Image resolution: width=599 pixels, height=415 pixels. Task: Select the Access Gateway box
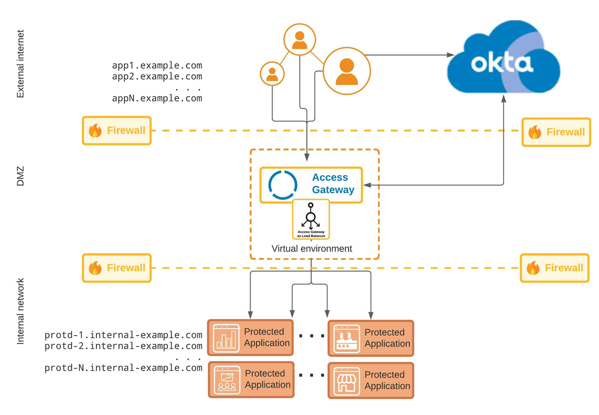pyautogui.click(x=311, y=185)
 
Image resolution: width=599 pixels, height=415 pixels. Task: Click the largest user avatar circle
pyautogui.click(x=347, y=70)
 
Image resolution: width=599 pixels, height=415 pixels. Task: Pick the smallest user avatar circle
pyautogui.click(x=272, y=74)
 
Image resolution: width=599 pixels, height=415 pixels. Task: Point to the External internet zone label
pyautogui.click(x=20, y=64)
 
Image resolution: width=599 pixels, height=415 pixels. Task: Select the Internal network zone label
pyautogui.click(x=20, y=311)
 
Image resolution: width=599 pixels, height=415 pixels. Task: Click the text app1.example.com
pyautogui.click(x=157, y=65)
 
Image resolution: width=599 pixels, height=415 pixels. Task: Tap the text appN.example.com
pyautogui.click(x=157, y=98)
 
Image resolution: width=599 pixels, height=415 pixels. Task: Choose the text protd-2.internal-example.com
pyautogui.click(x=123, y=346)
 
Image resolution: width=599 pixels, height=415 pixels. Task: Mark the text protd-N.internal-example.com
pyautogui.click(x=123, y=368)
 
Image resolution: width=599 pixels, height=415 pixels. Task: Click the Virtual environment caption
pyautogui.click(x=311, y=248)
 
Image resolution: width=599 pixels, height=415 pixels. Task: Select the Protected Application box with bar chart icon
pyautogui.click(x=251, y=338)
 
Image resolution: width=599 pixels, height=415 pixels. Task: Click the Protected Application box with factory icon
pyautogui.click(x=371, y=338)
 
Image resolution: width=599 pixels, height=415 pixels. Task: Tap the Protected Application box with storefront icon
pyautogui.click(x=371, y=381)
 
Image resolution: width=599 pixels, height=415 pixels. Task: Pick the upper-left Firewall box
pyautogui.click(x=117, y=131)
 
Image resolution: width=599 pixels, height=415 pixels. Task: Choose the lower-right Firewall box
pyautogui.click(x=555, y=268)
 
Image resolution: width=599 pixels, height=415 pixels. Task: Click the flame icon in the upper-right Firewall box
pyautogui.click(x=535, y=132)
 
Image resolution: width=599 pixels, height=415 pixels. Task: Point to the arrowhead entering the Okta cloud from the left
pyautogui.click(x=450, y=55)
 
